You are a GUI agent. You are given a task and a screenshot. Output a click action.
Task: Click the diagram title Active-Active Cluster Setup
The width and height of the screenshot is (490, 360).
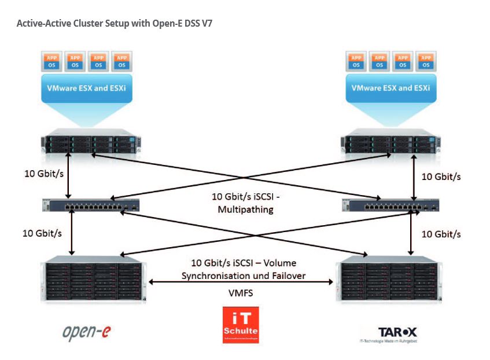coord(117,24)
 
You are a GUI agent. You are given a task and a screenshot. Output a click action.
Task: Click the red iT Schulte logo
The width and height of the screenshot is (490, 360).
coord(241,325)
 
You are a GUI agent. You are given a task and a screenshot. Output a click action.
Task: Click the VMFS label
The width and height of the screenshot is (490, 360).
coord(241,293)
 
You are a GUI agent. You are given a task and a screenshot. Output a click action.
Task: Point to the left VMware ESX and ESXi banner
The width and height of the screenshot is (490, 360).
coord(87,87)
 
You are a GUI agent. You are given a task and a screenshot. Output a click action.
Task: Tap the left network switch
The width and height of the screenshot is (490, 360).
coord(91,205)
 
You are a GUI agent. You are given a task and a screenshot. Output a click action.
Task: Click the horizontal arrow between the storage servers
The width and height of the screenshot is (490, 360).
coord(241,282)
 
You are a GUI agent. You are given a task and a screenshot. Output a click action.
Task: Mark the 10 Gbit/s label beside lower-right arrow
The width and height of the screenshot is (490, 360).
coord(441,234)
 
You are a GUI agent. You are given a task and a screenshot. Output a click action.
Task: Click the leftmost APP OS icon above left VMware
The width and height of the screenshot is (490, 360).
coord(51,61)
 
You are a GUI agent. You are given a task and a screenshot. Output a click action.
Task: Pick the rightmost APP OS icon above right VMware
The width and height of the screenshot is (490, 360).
coord(426,61)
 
